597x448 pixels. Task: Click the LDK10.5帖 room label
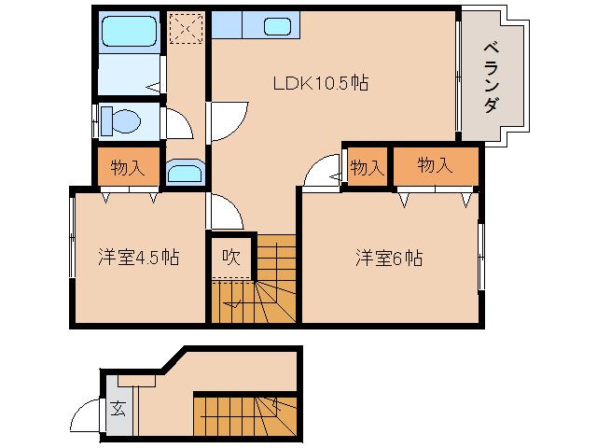coord(320,83)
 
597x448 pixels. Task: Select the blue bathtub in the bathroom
coord(131,32)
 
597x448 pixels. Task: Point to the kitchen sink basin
coord(277,26)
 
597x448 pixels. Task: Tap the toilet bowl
coord(118,119)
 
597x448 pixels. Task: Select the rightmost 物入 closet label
coord(435,166)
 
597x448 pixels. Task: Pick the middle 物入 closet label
coord(368,167)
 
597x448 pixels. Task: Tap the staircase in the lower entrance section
coord(245,414)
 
